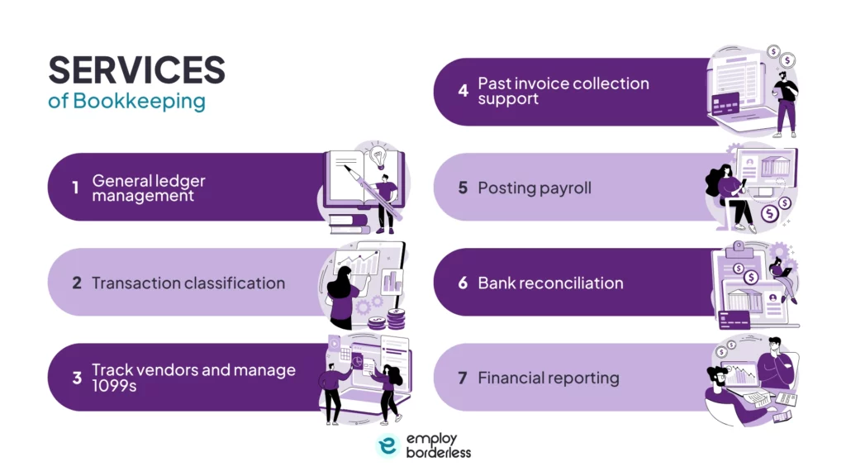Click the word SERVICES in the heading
[136, 71]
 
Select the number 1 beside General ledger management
[75, 188]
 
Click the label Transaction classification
[188, 283]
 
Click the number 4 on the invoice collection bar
[463, 91]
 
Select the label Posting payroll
[535, 188]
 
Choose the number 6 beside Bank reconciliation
[463, 283]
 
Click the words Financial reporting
[549, 378]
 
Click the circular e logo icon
[387, 445]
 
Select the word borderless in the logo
[439, 453]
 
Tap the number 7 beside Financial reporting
[463, 378]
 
